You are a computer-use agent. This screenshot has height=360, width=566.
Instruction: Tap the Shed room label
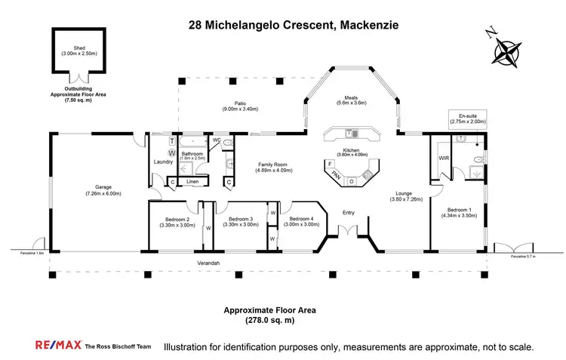click(x=74, y=47)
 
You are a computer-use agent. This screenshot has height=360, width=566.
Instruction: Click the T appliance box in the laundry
click(x=172, y=141)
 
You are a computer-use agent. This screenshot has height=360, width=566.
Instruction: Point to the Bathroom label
click(x=192, y=153)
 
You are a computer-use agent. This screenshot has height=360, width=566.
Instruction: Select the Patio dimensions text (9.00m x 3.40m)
click(x=241, y=109)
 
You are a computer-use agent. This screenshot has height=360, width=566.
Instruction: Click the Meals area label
click(x=350, y=97)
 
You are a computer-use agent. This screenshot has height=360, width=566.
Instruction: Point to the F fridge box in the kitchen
click(x=330, y=164)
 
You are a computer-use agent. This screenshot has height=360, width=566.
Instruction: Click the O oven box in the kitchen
click(x=351, y=181)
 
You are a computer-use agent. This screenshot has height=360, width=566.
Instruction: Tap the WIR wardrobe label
click(x=444, y=158)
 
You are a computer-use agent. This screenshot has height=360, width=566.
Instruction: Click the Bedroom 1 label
click(x=458, y=209)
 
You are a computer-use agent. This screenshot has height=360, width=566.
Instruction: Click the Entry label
click(x=348, y=212)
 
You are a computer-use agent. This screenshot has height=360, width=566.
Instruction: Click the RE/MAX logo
click(x=58, y=346)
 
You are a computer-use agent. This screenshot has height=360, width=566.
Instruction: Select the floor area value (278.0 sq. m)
click(x=269, y=320)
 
